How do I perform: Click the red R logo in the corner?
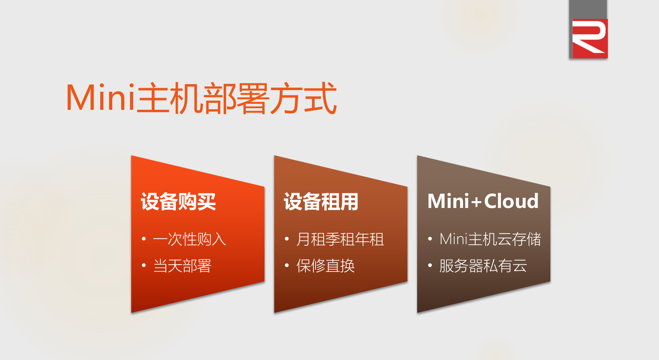point(590,39)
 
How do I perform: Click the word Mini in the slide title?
point(101,97)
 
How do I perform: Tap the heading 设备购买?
point(178,202)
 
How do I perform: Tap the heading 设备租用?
point(321,202)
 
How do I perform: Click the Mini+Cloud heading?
point(483,201)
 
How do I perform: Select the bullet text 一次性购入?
point(189,239)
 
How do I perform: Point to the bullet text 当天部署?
point(182,265)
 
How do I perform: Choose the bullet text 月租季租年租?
point(340,239)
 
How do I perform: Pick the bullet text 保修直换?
point(325,265)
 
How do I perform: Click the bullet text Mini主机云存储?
point(490,239)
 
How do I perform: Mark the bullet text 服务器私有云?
point(483,265)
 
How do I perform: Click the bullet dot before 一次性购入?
point(144,239)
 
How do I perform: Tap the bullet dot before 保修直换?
point(287,265)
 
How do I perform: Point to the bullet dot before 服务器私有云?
point(430,265)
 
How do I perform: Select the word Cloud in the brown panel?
point(511,201)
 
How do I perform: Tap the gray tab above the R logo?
point(588,10)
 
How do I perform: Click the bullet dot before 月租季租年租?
point(287,239)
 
